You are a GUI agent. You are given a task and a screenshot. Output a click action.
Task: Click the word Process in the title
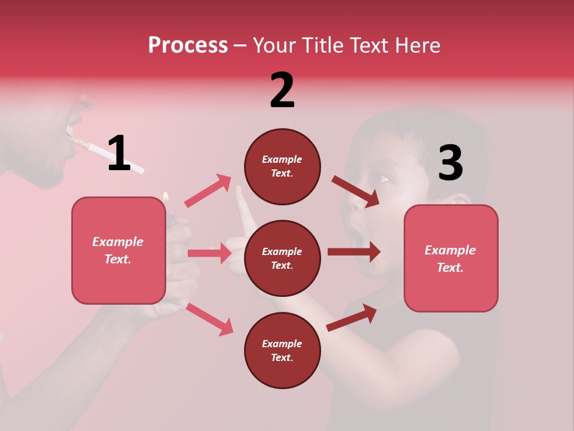pos(188,45)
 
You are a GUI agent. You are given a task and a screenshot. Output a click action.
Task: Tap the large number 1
pos(118,153)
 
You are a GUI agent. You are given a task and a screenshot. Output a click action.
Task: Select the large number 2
pos(282,90)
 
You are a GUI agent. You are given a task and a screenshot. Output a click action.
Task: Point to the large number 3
pos(450,163)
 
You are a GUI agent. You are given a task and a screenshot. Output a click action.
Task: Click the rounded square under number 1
pos(118,250)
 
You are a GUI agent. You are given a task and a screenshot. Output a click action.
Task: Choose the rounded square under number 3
pos(451,258)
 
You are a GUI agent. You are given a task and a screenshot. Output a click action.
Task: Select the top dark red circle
pos(282,166)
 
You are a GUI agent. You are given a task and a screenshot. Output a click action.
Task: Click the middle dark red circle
pos(282,258)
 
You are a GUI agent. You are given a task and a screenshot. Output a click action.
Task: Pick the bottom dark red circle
pos(282,350)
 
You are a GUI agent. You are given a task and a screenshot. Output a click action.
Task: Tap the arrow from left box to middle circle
pos(209,253)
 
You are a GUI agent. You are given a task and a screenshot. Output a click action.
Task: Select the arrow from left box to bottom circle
pos(209,319)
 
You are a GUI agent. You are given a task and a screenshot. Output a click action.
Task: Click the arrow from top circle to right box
pos(356,191)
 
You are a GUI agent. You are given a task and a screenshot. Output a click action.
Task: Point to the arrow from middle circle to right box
pos(354,252)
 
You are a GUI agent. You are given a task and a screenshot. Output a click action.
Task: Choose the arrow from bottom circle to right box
pos(352,317)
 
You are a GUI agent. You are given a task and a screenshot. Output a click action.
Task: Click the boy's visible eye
pos(383,178)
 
